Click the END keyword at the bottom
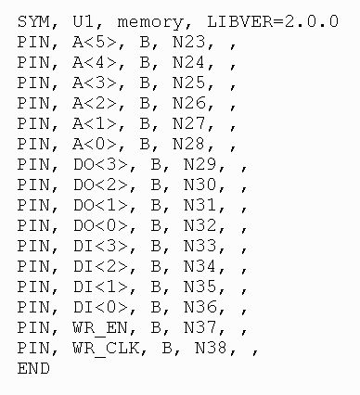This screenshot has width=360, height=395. (32, 368)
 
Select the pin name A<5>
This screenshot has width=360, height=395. (93, 42)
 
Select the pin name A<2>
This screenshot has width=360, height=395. (93, 103)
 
